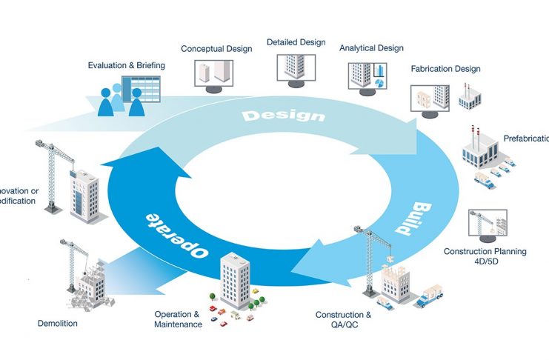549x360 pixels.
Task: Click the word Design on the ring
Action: pyautogui.click(x=283, y=116)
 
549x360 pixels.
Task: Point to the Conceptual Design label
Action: pyautogui.click(x=216, y=49)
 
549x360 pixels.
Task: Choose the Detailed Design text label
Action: pyautogui.click(x=296, y=43)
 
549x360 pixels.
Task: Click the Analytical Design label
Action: pyautogui.click(x=371, y=48)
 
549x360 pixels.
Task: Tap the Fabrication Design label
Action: pyautogui.click(x=445, y=69)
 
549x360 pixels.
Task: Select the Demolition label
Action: pyautogui.click(x=57, y=323)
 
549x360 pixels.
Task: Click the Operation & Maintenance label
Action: pyautogui.click(x=178, y=319)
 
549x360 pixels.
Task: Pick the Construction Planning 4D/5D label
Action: pyautogui.click(x=485, y=256)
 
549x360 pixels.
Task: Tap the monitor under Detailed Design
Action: pyautogui.click(x=296, y=67)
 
